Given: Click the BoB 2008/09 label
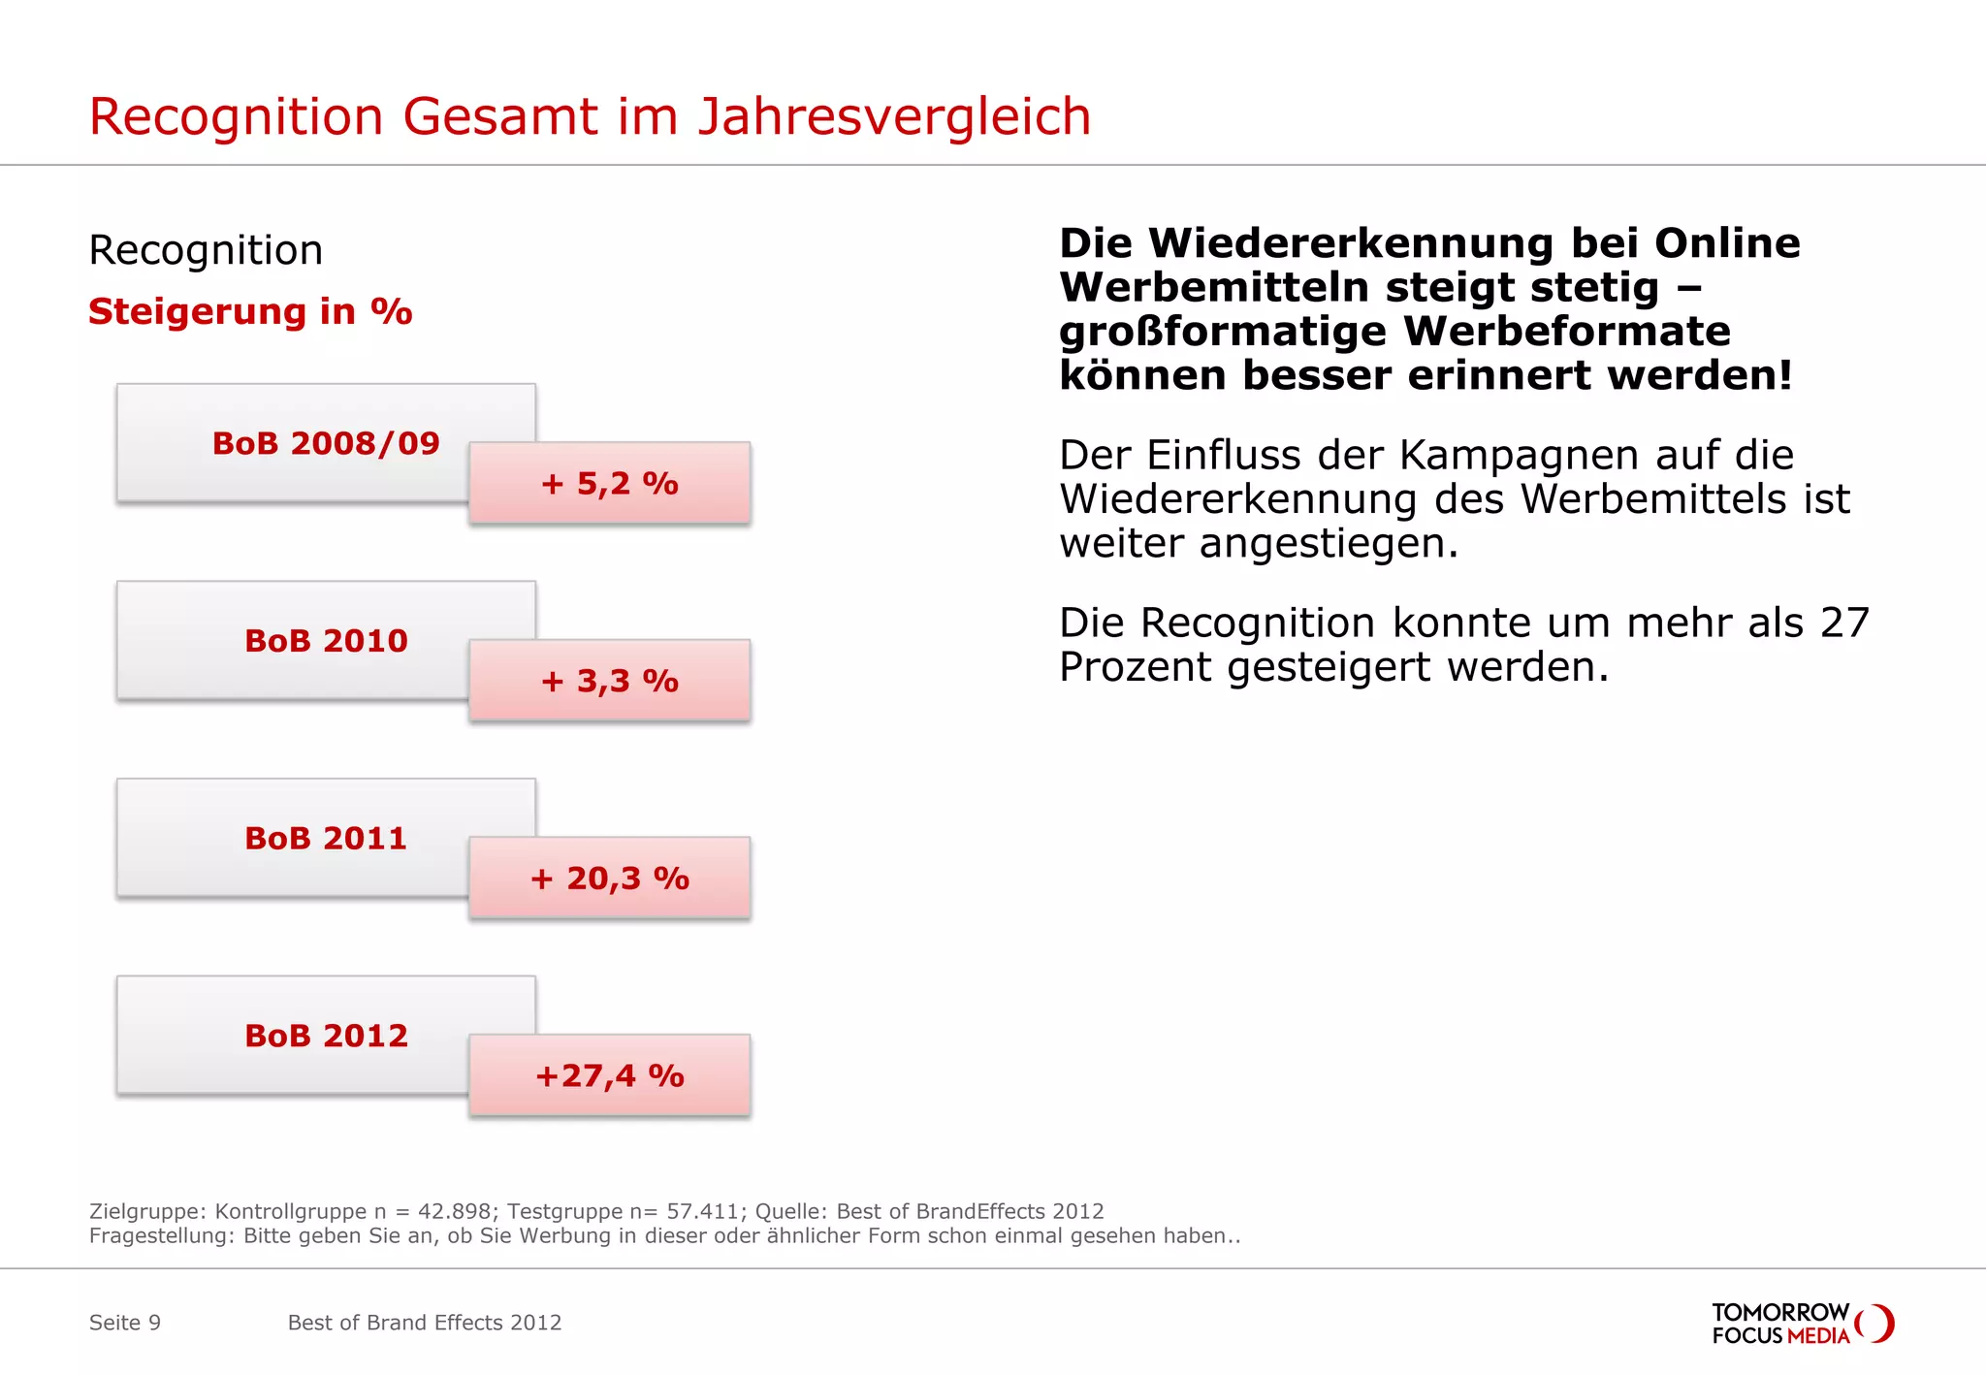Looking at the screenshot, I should click(x=325, y=443).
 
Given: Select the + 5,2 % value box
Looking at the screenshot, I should click(x=609, y=483).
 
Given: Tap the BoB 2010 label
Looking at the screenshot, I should click(x=325, y=641).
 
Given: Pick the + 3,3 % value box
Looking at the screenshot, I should click(x=609, y=681).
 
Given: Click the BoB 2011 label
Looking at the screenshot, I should click(x=325, y=838).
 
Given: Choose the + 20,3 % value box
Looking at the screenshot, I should click(x=609, y=879).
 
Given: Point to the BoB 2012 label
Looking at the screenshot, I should click(x=325, y=1036).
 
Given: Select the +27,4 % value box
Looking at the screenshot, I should click(x=609, y=1075).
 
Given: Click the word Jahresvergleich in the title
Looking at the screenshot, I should click(x=894, y=117).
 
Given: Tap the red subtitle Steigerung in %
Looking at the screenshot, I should click(x=250, y=311).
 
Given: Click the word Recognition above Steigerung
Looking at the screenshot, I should click(x=206, y=250).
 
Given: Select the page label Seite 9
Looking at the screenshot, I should click(x=125, y=1323).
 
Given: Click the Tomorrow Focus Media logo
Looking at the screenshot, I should click(x=1802, y=1324).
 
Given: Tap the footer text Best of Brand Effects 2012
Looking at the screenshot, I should click(x=425, y=1323).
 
